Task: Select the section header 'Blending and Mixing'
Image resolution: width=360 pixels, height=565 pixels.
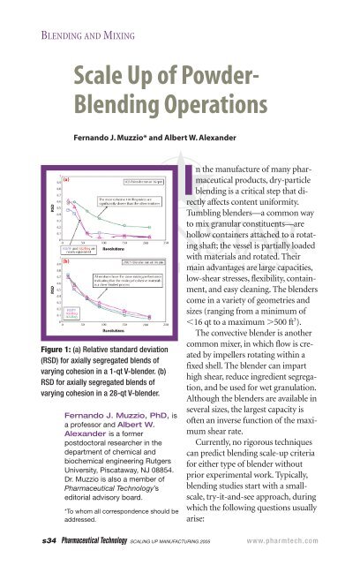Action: [67, 12]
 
